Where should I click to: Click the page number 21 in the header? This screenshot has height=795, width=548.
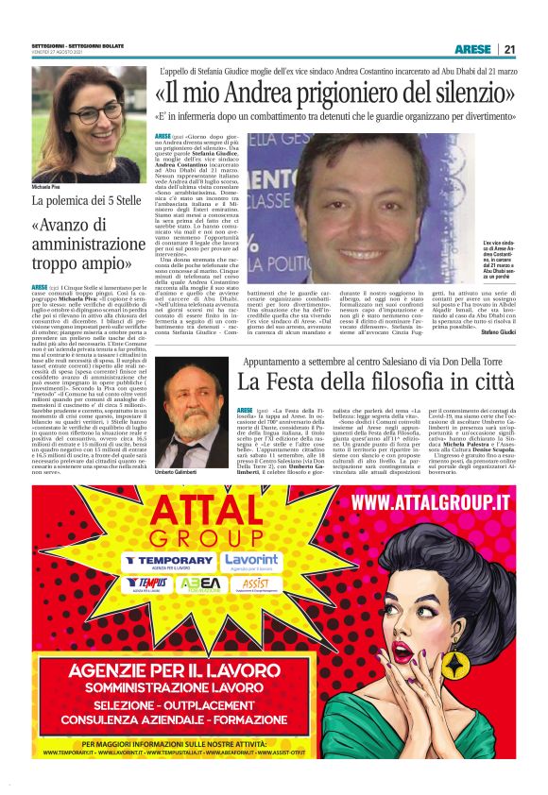click(x=508, y=49)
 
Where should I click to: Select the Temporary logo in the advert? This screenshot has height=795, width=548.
click(x=169, y=562)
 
